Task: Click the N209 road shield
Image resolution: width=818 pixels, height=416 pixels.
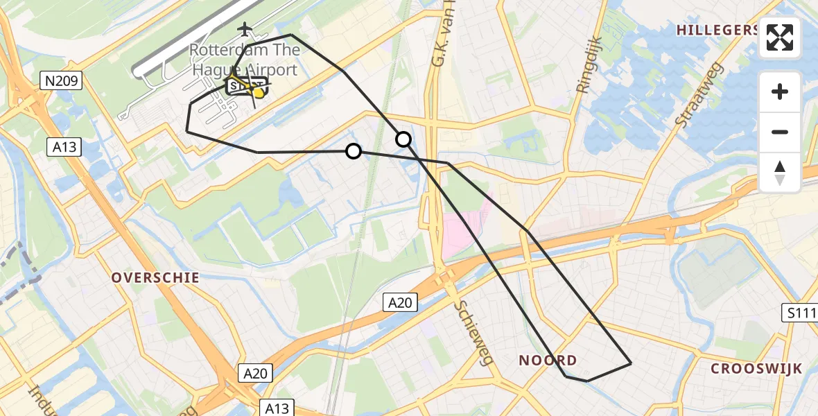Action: click(x=62, y=82)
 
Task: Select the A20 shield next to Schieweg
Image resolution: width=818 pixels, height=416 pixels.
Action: click(x=401, y=302)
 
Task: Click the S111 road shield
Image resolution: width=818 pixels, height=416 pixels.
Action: click(x=801, y=313)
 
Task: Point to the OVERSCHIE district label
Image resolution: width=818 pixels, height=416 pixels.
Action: click(x=156, y=278)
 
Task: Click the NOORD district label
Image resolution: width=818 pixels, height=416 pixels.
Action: click(x=548, y=361)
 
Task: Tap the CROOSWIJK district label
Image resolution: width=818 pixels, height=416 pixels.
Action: click(x=756, y=369)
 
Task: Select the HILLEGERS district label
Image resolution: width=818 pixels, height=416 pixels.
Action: click(x=717, y=30)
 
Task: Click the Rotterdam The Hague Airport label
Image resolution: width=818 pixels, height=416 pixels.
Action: click(x=245, y=60)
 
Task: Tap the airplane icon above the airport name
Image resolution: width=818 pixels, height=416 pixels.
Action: click(x=245, y=29)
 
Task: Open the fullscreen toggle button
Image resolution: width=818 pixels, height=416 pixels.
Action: click(x=780, y=37)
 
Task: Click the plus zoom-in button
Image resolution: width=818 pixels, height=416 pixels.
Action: click(x=780, y=92)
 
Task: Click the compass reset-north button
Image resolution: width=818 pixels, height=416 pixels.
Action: click(x=780, y=172)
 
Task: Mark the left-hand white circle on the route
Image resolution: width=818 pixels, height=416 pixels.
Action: click(x=354, y=151)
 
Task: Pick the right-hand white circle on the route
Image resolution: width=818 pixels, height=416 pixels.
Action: click(x=403, y=139)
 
